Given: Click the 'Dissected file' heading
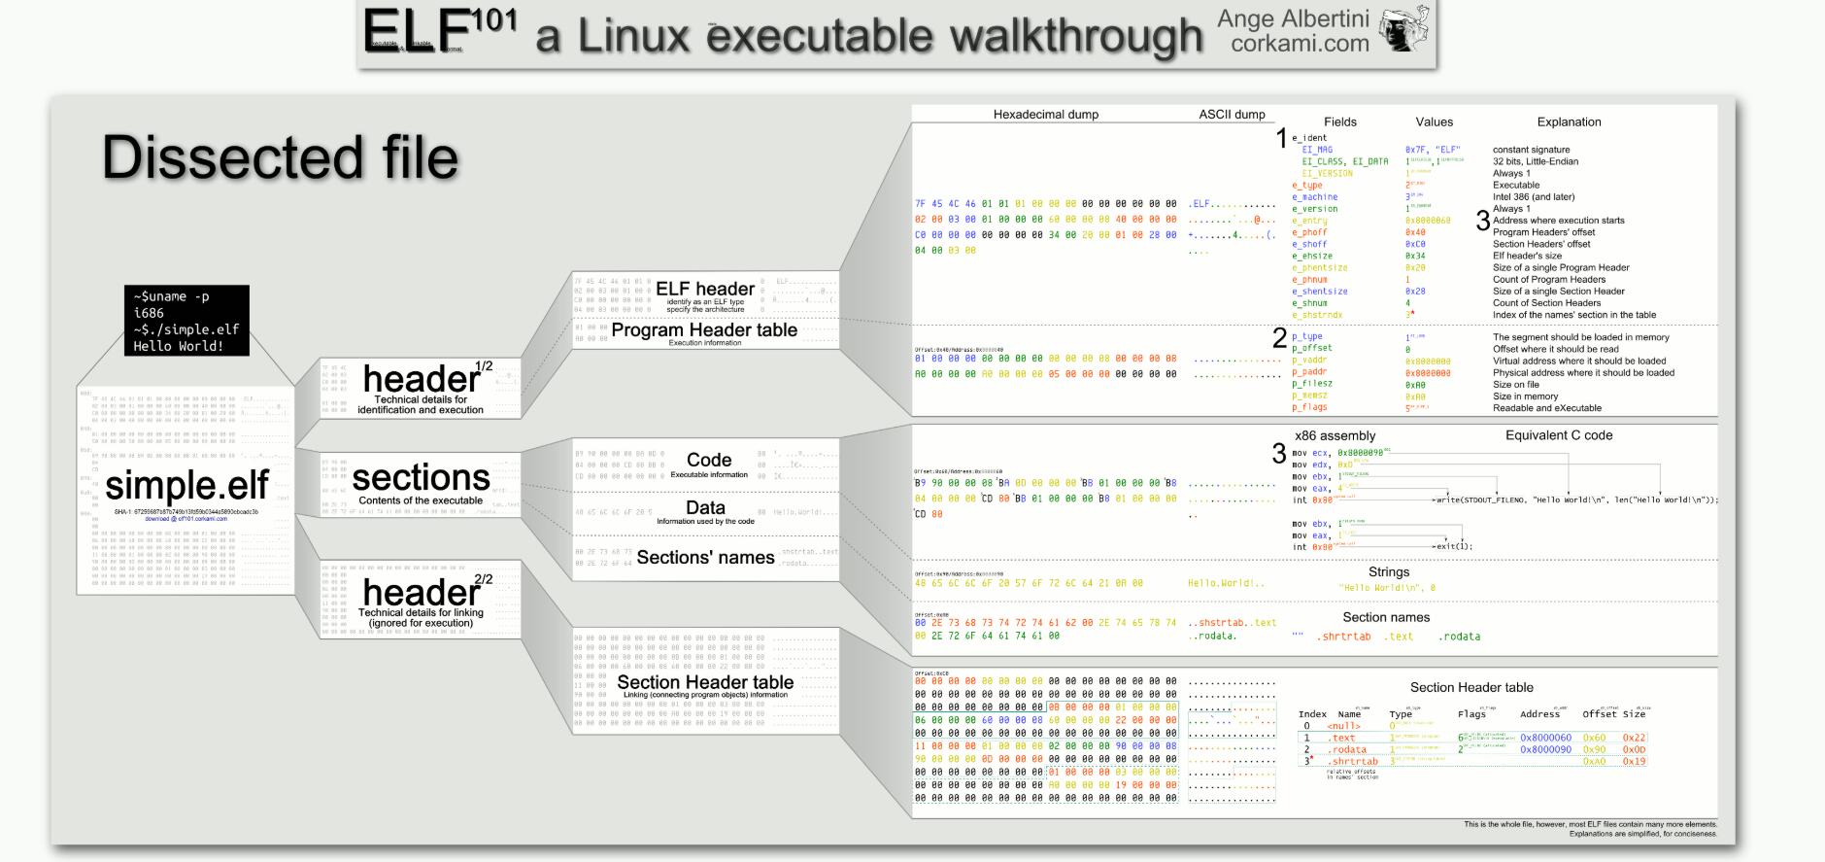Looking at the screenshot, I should tap(280, 157).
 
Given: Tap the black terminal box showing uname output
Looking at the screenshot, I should tap(186, 321).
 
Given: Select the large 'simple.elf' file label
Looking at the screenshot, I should tap(186, 485).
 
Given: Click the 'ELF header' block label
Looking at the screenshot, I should tap(705, 289).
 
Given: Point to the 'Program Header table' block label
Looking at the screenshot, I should tap(704, 329).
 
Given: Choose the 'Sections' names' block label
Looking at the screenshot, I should tap(705, 557).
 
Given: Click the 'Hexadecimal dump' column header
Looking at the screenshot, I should tap(1045, 115).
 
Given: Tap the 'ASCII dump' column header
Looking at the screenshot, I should tap(1232, 115).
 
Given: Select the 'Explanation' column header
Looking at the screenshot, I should tap(1569, 122).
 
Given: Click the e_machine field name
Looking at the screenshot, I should tap(1314, 197).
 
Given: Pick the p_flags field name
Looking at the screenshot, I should tap(1309, 408).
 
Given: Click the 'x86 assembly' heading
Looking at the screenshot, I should tap(1335, 436).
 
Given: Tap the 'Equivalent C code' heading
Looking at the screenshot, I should tap(1558, 435).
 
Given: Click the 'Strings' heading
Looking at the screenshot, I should tap(1388, 572).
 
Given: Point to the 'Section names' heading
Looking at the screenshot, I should tap(1386, 617).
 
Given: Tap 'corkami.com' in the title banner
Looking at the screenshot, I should tap(1300, 44).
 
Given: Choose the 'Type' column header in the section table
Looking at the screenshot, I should tap(1401, 714).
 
